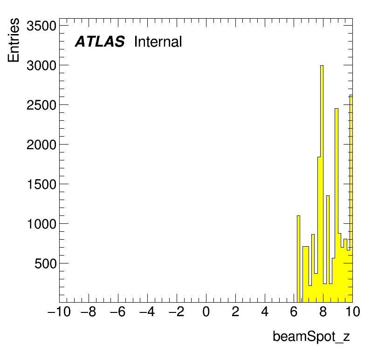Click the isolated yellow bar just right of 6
298,259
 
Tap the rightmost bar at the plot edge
351,199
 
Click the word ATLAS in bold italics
100,42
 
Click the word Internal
158,42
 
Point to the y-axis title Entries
14,40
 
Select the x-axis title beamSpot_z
311,336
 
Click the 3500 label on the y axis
41,26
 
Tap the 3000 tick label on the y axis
41,66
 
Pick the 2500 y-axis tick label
41,105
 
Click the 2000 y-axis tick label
41,145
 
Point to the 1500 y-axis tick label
42,184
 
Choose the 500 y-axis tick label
45,263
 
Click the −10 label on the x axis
59,312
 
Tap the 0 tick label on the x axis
206,312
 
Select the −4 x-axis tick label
147,312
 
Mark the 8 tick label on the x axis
323,312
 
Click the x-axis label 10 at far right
353,312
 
